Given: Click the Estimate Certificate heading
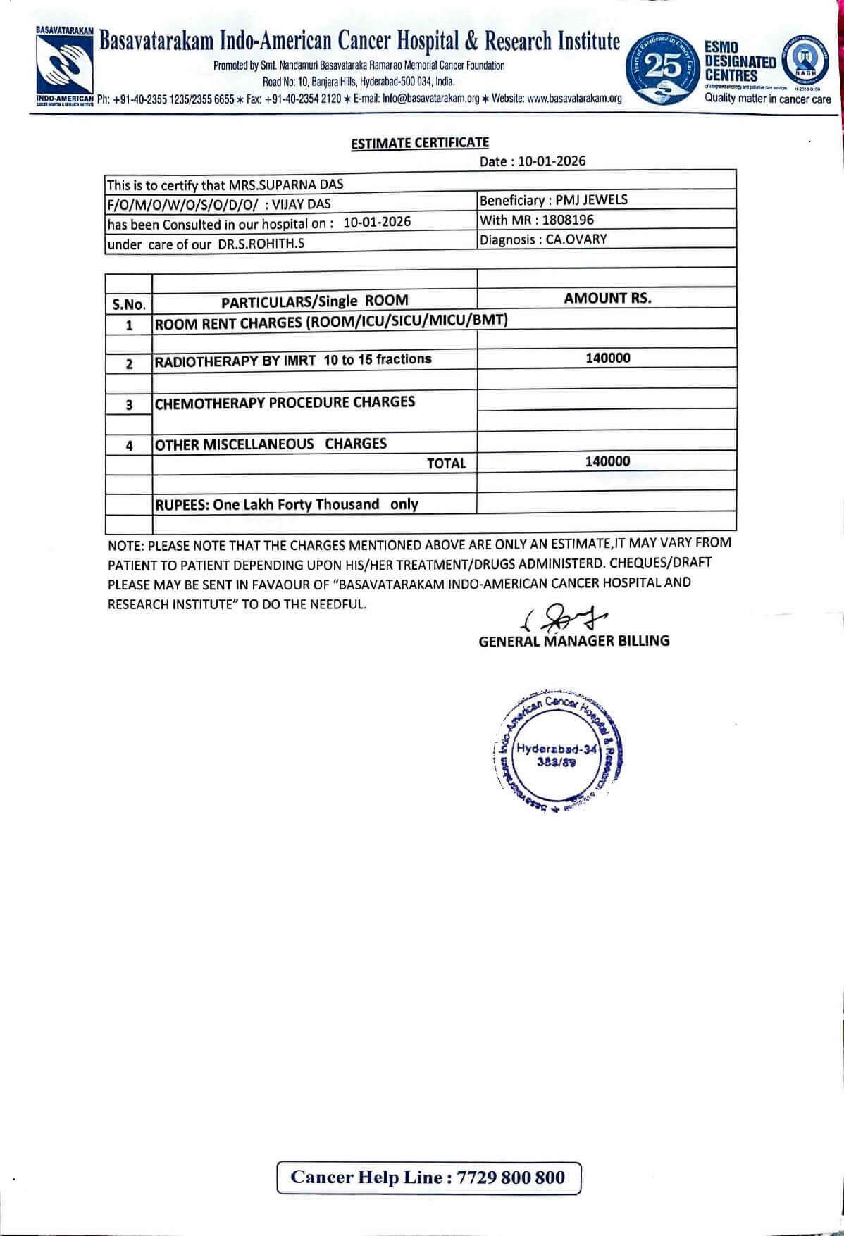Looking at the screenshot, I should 420,142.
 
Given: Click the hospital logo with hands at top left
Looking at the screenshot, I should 64,64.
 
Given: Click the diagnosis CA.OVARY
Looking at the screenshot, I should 576,239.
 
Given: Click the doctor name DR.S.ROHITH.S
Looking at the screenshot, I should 262,244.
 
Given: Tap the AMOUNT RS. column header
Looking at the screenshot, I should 607,298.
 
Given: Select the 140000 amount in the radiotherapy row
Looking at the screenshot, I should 607,358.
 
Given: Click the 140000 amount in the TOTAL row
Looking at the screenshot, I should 607,461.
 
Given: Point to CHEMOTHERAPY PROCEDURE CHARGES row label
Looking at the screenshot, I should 285,403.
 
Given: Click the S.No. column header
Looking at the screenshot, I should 128,304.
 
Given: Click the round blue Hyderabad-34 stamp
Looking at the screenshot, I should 556,751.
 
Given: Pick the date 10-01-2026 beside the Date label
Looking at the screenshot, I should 552,161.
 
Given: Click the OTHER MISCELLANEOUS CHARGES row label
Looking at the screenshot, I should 271,444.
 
